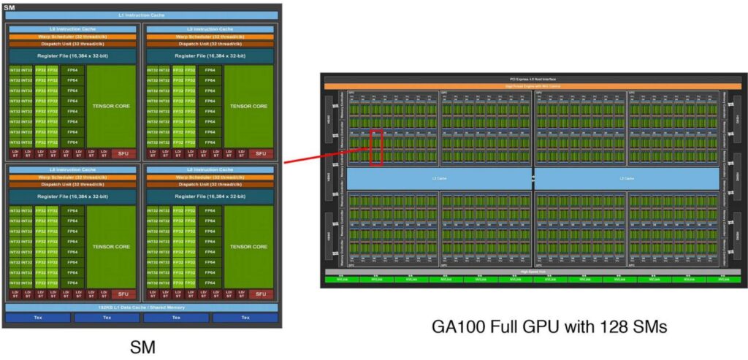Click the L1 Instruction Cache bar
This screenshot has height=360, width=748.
click(142, 15)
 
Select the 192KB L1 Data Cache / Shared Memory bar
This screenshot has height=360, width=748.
click(142, 307)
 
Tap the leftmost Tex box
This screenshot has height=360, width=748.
click(37, 318)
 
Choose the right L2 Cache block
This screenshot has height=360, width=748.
click(627, 178)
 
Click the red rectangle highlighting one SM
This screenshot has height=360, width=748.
click(376, 147)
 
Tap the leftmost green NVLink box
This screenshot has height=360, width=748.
click(341, 279)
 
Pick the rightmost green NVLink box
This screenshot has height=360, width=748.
click(722, 279)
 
